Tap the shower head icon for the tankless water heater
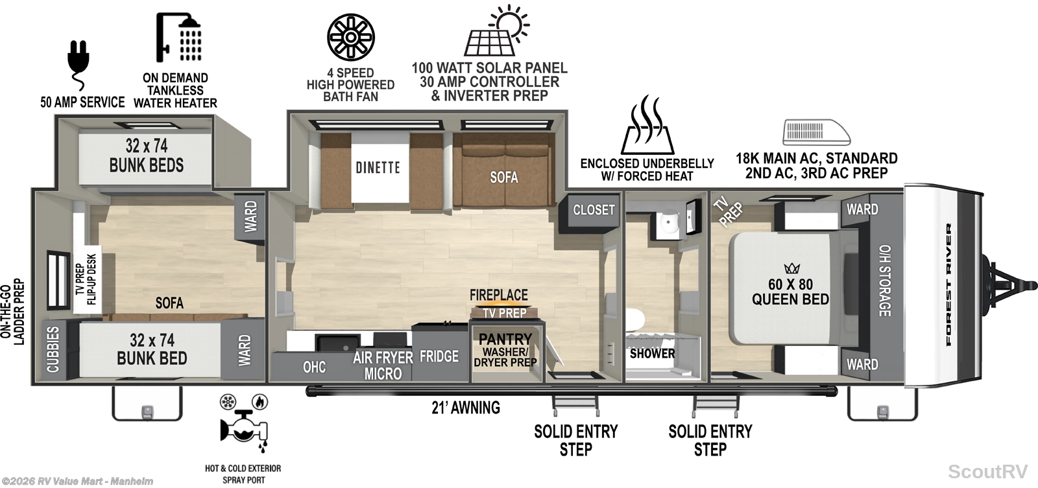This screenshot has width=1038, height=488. click(178, 37)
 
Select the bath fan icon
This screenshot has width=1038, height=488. click(351, 37)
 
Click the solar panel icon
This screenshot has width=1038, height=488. click(496, 30)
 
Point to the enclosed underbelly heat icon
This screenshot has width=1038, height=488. click(647, 125)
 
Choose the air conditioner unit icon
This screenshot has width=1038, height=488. click(817, 132)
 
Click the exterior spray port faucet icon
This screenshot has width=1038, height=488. click(244, 424)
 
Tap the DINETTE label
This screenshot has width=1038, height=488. click(378, 167)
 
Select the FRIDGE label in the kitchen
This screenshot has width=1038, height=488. click(439, 356)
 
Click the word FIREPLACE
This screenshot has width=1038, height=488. click(499, 295)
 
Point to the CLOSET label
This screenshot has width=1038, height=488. click(594, 210)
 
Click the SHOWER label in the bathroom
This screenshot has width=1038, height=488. click(652, 353)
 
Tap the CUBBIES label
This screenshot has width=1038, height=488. click(53, 349)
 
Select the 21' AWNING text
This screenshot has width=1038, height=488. click(466, 408)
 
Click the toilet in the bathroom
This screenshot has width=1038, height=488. click(635, 320)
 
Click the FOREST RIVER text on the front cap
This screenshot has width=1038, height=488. click(948, 285)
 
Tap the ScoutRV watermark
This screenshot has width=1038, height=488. click(987, 471)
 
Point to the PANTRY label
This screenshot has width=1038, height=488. click(505, 339)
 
